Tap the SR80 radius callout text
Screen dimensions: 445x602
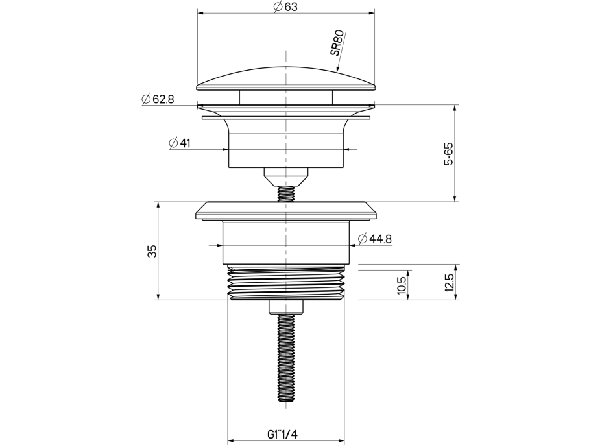tap(338, 50)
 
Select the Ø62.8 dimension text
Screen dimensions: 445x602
tap(158, 99)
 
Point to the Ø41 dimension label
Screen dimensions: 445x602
tap(179, 143)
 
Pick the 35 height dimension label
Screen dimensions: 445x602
tap(152, 251)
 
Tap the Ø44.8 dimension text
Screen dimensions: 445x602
tap(374, 239)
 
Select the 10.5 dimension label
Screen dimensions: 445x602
tap(402, 285)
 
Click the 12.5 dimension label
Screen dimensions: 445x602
tap(449, 283)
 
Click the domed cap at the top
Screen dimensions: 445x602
tap(285, 78)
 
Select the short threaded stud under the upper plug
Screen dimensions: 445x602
tap(285, 193)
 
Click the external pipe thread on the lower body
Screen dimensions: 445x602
tap(285, 283)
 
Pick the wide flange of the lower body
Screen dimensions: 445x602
tap(285, 210)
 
